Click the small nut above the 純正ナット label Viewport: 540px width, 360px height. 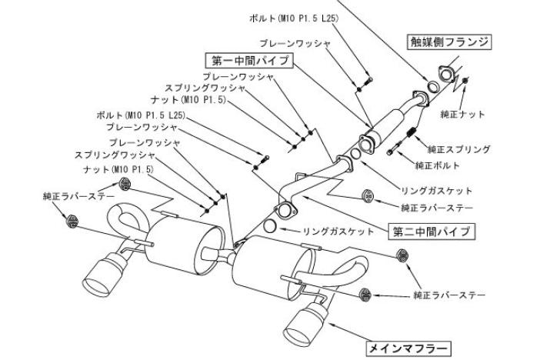pyautogui.click(x=465, y=81)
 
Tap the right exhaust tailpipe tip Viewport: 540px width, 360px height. pyautogui.click(x=301, y=322)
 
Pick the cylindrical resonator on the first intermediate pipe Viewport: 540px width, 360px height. pyautogui.click(x=392, y=119)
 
